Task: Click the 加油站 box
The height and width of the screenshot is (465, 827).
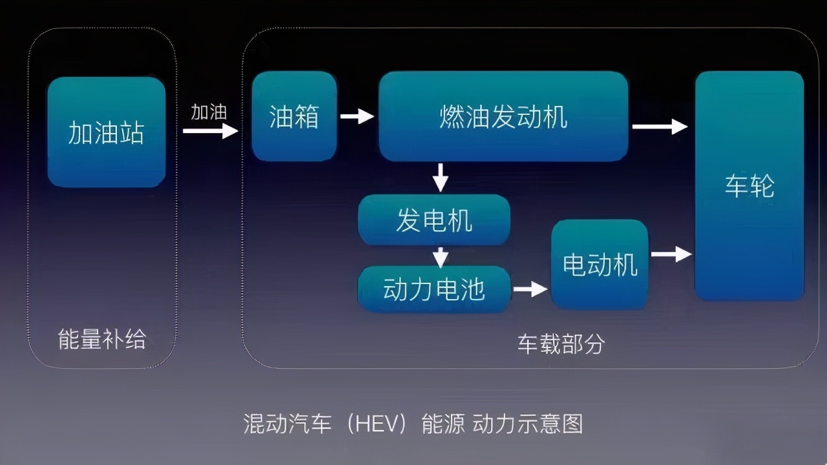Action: [106, 132]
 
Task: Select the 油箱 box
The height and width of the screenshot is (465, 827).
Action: [294, 116]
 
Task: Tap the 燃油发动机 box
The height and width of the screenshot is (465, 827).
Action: [503, 116]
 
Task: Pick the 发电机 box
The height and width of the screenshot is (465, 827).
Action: [434, 220]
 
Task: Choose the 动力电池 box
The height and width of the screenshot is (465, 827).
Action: [434, 289]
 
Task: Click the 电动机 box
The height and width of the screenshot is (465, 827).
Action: [600, 264]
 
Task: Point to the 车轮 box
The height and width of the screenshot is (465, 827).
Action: [749, 186]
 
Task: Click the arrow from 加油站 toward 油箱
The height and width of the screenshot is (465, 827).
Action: [211, 131]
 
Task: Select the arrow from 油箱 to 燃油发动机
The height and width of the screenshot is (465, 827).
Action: [357, 116]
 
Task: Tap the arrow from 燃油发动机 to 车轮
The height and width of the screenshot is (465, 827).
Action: [660, 127]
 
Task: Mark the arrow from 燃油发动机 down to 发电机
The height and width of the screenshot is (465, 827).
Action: [441, 177]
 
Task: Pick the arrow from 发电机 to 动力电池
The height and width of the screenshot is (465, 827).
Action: [441, 256]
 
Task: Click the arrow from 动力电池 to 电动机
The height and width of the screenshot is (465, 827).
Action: [530, 289]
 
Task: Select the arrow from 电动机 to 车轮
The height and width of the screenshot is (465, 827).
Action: [671, 254]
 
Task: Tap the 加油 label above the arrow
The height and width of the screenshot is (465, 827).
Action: [208, 112]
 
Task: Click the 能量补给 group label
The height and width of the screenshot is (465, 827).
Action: [102, 339]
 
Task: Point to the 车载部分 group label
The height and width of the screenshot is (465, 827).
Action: [561, 344]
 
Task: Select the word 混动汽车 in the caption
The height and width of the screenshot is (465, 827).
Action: [287, 424]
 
